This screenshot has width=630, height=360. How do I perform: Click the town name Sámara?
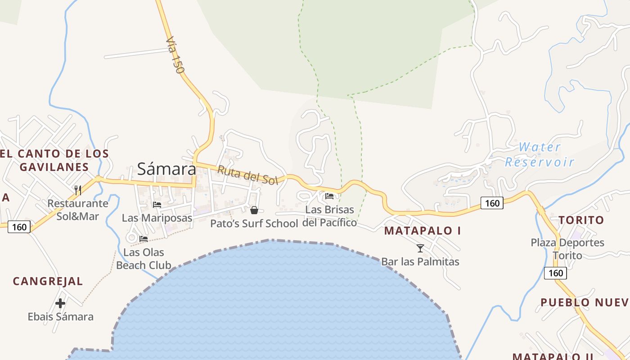166,169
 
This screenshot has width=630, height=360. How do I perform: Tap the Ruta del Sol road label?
248,175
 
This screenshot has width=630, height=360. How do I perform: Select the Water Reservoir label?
540,154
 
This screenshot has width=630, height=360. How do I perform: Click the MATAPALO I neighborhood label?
423,231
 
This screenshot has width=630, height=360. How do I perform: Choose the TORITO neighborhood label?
581,220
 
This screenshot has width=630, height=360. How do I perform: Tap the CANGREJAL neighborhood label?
48,281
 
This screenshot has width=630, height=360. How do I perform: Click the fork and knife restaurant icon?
78,190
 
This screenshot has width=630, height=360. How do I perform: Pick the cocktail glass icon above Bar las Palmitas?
420,248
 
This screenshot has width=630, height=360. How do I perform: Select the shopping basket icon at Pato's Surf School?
254,210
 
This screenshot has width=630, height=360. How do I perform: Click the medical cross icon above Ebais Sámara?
60,303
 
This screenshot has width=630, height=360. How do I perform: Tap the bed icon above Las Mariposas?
157,204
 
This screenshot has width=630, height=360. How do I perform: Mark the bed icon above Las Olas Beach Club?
144,238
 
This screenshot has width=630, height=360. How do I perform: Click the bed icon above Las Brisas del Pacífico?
329,196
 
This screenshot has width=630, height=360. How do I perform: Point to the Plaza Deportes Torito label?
567,249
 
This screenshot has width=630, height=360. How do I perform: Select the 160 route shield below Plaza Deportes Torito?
555,273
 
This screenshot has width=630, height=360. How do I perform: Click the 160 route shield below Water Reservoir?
492,203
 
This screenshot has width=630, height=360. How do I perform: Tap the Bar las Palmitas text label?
420,261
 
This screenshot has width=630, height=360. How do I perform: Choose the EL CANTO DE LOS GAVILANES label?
54,160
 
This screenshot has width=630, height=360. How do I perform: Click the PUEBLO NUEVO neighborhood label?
585,302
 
